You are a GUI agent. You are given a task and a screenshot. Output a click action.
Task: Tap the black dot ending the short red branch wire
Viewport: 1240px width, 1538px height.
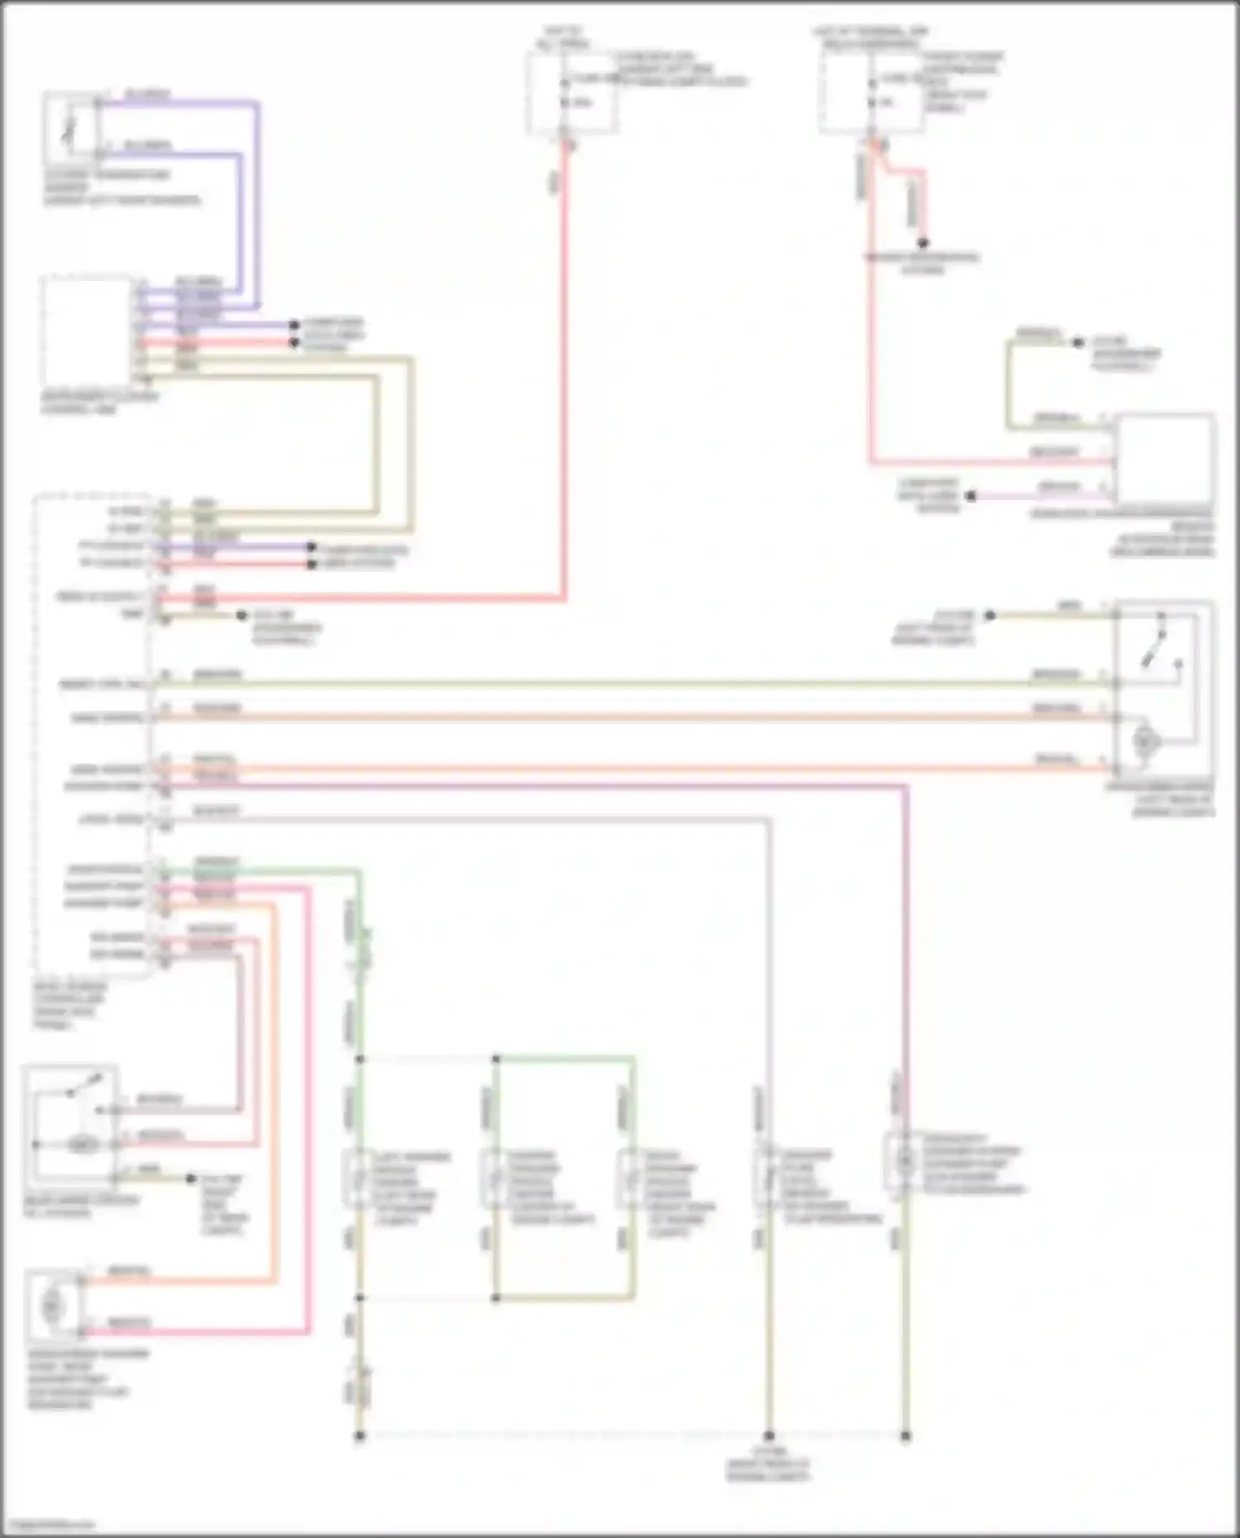[923, 243]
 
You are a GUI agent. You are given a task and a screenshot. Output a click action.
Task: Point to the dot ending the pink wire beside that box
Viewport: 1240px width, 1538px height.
[972, 497]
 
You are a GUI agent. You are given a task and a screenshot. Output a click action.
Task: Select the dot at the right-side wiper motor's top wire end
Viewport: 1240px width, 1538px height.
[990, 615]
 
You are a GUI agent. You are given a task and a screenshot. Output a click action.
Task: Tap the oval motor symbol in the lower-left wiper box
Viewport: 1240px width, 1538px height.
[83, 1145]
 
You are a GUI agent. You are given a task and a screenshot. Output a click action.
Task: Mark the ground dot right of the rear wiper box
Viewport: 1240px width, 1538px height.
[191, 1178]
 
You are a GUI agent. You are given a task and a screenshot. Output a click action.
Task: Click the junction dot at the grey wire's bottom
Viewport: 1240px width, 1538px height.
[769, 1436]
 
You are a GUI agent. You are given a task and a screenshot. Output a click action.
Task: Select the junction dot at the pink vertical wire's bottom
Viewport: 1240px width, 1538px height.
[906, 1436]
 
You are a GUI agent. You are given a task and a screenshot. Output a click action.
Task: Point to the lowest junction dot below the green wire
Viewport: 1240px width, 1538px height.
[360, 1436]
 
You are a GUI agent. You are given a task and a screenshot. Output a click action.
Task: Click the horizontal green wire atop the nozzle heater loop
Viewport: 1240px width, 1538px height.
[565, 1058]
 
